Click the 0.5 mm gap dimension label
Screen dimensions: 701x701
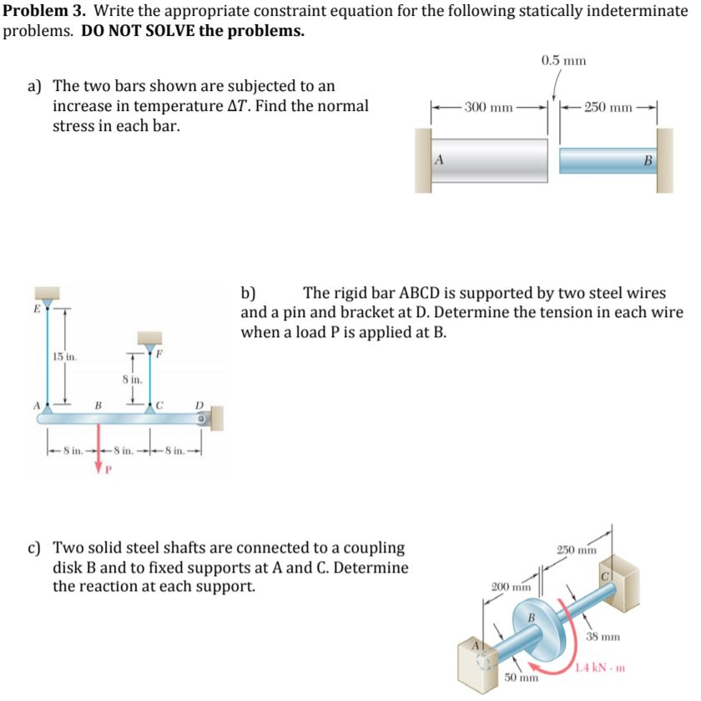click(x=563, y=60)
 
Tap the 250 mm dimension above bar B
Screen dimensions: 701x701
click(x=608, y=108)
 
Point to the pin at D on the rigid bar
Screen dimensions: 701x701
click(x=202, y=417)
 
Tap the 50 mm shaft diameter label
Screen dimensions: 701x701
click(x=520, y=676)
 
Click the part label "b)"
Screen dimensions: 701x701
click(x=249, y=293)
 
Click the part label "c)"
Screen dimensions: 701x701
click(x=36, y=548)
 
